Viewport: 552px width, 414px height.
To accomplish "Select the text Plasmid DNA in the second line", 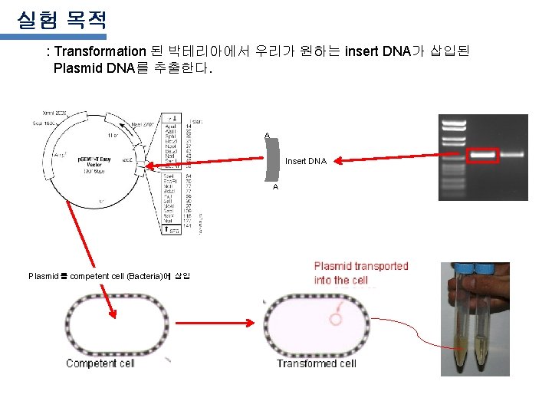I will pos(94,68).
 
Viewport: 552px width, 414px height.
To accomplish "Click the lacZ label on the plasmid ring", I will pos(128,159).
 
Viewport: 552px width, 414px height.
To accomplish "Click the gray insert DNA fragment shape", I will pos(272,161).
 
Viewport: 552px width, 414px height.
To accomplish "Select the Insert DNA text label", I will pos(306,162).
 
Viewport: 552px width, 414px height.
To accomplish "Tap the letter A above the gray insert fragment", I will pos(267,136).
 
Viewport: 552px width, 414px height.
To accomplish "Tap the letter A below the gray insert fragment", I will pos(275,187).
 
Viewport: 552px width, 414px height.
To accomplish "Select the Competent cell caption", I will pos(100,363).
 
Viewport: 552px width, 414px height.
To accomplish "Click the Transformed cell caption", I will pos(316,363).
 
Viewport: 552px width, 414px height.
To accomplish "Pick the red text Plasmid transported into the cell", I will pos(361,273).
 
